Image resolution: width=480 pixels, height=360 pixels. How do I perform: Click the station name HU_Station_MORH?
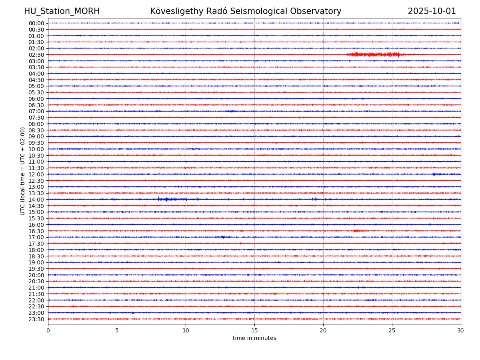62,11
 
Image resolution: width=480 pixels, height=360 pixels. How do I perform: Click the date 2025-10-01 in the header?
432,11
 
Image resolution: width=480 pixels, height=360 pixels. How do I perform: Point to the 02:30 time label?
36,55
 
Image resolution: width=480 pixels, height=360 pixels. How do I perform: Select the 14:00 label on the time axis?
36,200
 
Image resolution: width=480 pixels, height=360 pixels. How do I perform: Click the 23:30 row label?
36,319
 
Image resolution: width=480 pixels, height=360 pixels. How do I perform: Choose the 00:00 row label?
36,23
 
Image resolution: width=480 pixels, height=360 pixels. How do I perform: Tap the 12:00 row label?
36,174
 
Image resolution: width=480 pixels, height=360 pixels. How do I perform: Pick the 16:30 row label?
36,231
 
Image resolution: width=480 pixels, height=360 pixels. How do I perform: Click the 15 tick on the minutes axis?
254,331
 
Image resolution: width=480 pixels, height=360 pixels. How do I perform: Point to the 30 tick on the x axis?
461,331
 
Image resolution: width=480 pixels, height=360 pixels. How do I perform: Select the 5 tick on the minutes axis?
117,331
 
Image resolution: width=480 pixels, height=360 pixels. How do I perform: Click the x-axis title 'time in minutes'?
254,338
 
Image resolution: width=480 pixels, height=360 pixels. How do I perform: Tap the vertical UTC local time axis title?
23,171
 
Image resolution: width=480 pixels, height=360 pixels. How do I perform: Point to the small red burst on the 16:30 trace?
359,231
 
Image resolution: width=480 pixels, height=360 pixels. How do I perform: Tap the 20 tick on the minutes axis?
323,331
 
